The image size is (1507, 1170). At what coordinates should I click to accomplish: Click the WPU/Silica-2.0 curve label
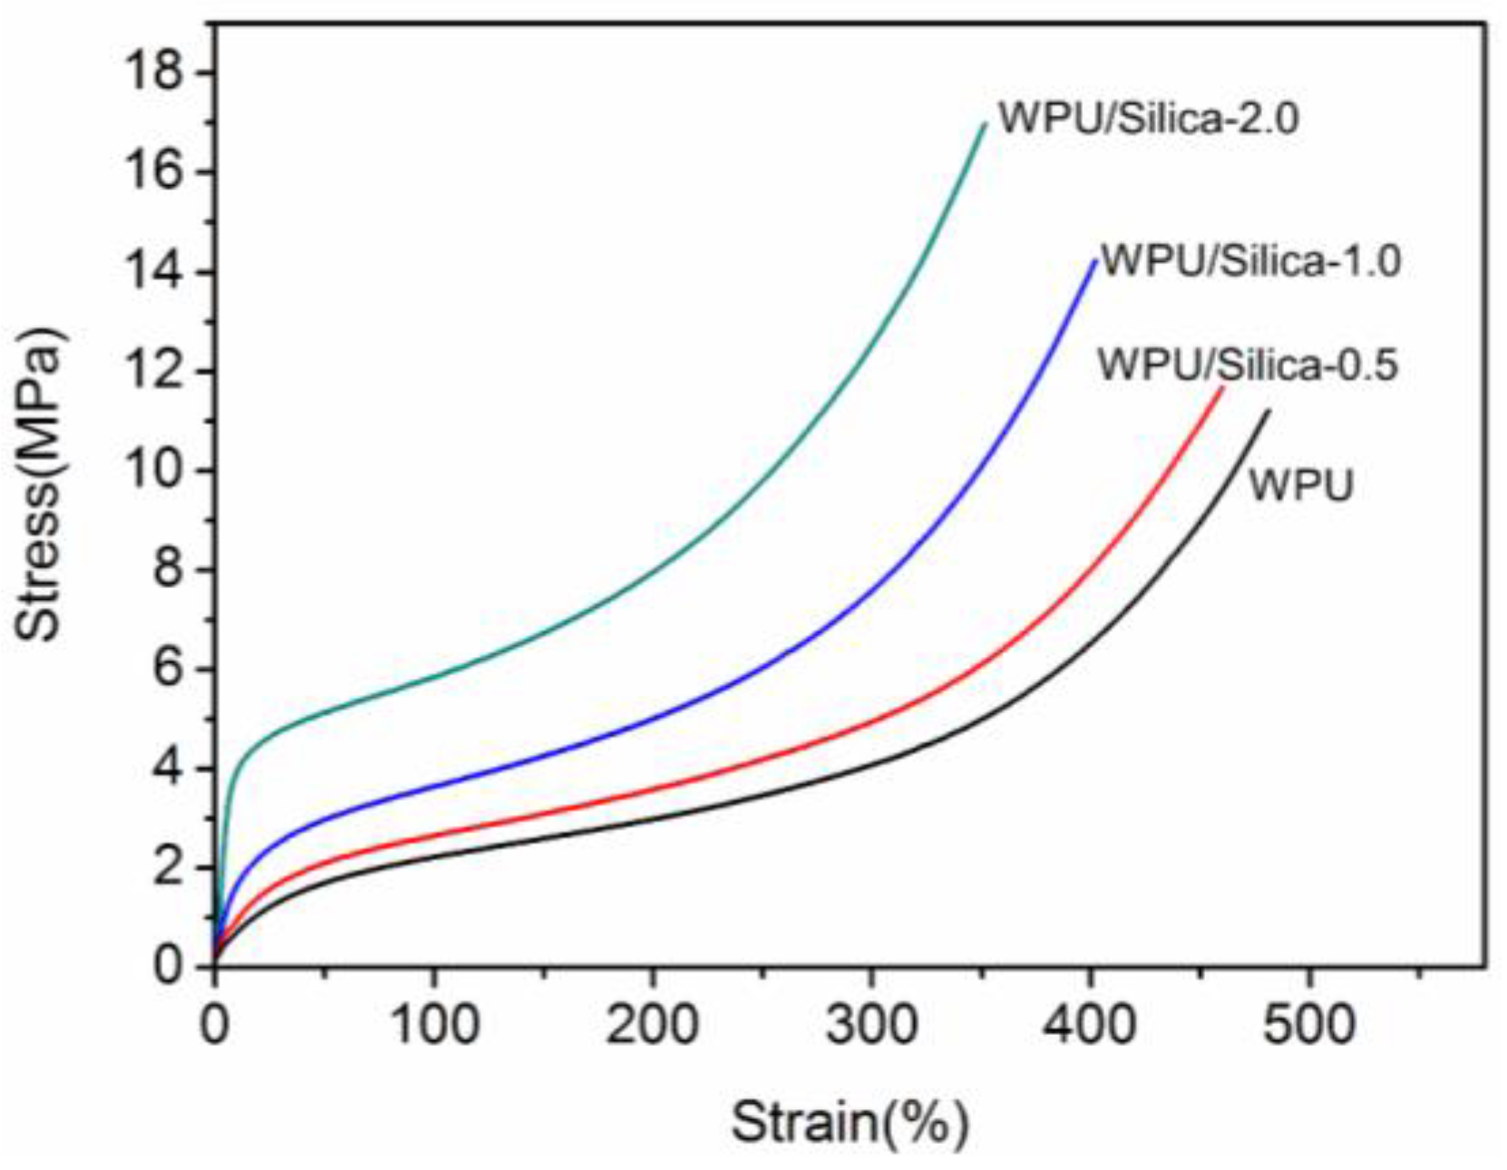pyautogui.click(x=1148, y=119)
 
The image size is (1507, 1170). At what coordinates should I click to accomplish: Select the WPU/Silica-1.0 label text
pyautogui.click(x=1250, y=261)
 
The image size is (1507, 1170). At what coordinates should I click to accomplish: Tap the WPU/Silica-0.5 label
pyautogui.click(x=1248, y=365)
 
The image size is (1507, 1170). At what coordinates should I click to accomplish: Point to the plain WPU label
pyautogui.click(x=1300, y=486)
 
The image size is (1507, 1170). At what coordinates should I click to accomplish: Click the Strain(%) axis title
pyautogui.click(x=850, y=1122)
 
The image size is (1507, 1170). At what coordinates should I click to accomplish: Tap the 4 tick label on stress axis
pyautogui.click(x=169, y=769)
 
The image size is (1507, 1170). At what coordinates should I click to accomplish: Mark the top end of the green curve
pyautogui.click(x=985, y=124)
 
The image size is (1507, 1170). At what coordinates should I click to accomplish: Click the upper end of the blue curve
pyautogui.click(x=1095, y=261)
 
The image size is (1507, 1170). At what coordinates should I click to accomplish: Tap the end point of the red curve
pyautogui.click(x=1222, y=388)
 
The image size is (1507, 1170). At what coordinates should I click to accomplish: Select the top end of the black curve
pyautogui.click(x=1268, y=411)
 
